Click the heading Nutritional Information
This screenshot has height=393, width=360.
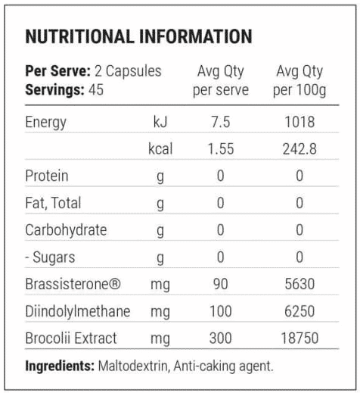(138, 36)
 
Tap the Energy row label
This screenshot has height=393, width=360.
(45, 123)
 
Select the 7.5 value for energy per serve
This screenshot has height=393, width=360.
(221, 122)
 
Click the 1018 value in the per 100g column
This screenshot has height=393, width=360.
(299, 122)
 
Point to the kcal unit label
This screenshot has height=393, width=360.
(160, 148)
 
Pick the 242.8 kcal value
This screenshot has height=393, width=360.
(299, 148)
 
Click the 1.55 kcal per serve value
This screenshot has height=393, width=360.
(221, 148)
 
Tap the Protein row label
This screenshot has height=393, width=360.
(47, 176)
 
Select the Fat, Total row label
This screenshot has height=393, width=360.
(53, 203)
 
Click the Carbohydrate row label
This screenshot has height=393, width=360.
(66, 230)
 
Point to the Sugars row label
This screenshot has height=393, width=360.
(51, 257)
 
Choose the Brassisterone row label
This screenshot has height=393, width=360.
(73, 284)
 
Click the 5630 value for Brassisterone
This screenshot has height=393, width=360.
(299, 284)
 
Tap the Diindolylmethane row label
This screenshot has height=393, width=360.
(78, 311)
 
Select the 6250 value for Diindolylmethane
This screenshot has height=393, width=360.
(299, 311)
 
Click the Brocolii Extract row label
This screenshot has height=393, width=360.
(71, 338)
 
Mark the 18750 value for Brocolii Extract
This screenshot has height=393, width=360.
(299, 338)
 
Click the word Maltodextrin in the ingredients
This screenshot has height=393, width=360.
(133, 366)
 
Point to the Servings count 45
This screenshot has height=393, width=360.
(96, 90)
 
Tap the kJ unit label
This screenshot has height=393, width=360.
(160, 122)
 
